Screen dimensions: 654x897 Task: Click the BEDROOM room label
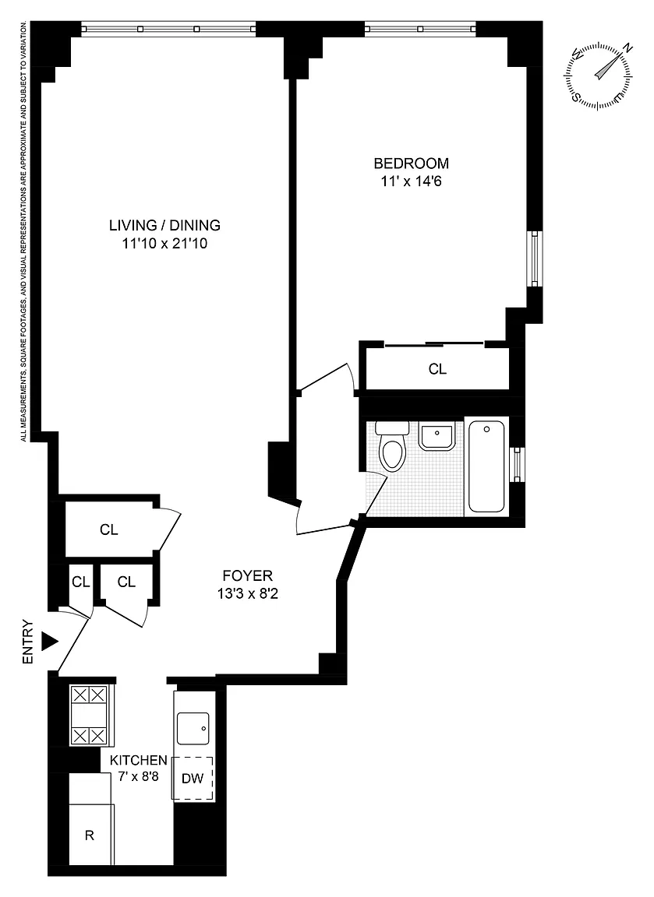point(411,163)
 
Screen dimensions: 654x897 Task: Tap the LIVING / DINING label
point(165,225)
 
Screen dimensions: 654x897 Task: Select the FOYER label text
point(247,575)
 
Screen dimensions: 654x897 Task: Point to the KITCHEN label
point(139,760)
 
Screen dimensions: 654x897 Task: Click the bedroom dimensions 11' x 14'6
point(411,182)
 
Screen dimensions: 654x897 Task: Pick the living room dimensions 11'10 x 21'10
point(165,244)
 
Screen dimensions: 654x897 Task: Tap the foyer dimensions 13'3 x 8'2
point(247,594)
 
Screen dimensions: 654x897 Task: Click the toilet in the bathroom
point(393,445)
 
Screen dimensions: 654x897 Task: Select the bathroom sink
point(437,436)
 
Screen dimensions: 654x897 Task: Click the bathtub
point(486,466)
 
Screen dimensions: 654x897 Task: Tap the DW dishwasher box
point(193,778)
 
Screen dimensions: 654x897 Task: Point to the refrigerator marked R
point(90,835)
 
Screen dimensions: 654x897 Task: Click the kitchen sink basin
point(193,729)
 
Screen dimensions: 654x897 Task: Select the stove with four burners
point(90,715)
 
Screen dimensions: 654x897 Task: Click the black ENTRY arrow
point(51,642)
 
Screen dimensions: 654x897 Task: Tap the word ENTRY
point(28,642)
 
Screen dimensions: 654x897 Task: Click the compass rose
point(599,76)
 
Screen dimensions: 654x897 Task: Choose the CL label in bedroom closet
point(437,369)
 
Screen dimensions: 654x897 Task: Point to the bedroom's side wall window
point(535,259)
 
